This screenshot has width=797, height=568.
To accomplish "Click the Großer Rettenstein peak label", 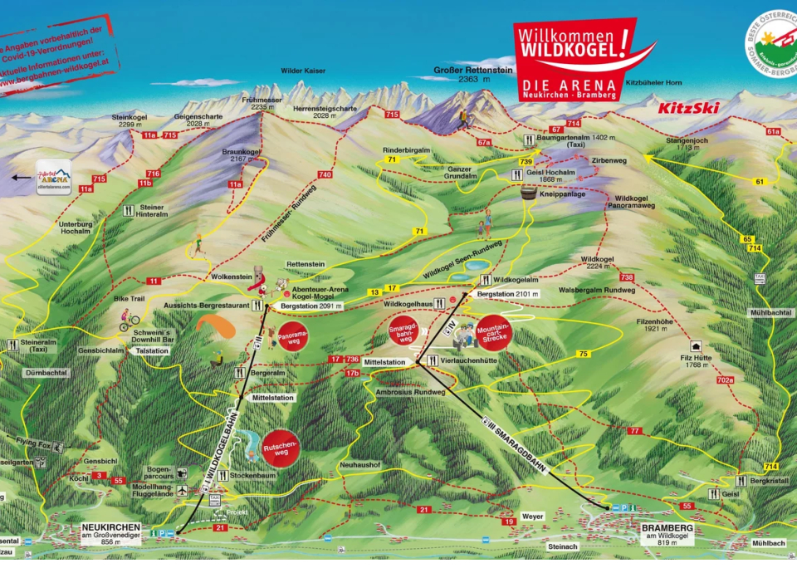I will click(x=469, y=71).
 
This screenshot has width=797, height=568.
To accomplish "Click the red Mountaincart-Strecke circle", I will click(x=493, y=333).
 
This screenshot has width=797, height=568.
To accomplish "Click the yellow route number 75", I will click(x=583, y=354).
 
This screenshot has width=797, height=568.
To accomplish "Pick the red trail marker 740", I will click(x=324, y=174).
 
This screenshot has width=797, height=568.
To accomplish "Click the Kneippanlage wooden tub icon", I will click(x=527, y=191).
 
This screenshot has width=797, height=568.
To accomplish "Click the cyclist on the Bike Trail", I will click(x=127, y=319).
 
